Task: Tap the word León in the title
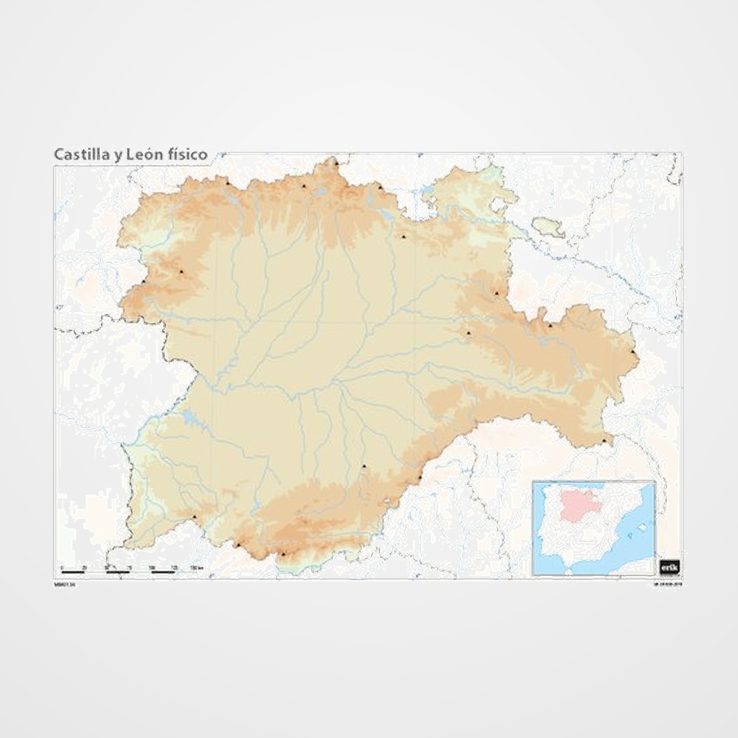146,154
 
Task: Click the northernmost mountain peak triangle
335,161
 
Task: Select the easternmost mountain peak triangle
633,352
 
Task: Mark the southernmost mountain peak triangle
283,553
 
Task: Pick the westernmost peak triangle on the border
145,281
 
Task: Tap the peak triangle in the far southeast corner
604,440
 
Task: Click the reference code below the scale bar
65,584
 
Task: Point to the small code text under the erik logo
670,584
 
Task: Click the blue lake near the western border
189,416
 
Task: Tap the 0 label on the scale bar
62,568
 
